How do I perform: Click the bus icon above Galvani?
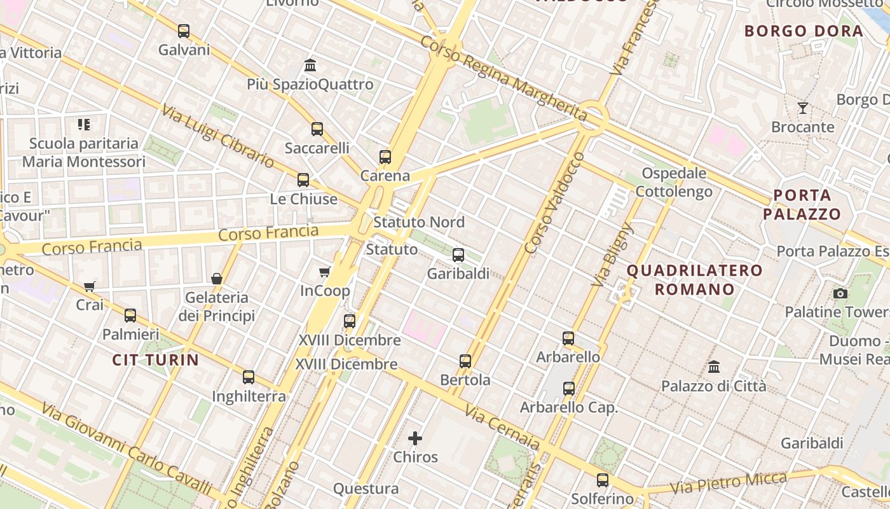(x=184, y=31)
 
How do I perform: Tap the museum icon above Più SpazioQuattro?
(x=310, y=65)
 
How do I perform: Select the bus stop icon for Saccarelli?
(x=317, y=129)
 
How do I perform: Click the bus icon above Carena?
(x=385, y=157)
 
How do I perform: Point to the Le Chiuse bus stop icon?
(x=303, y=180)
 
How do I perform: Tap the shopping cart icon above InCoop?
(x=325, y=272)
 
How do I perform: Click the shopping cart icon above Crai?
(x=90, y=286)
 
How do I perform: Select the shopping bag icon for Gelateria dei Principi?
(x=217, y=279)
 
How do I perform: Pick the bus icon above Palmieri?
(x=130, y=315)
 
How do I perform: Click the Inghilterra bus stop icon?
(x=249, y=377)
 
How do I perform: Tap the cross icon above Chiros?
(x=415, y=438)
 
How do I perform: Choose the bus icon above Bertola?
(x=465, y=361)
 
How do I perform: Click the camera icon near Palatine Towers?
(x=840, y=293)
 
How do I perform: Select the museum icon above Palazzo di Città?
(x=714, y=367)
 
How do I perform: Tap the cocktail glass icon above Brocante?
(x=803, y=108)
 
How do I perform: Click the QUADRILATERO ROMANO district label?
(x=695, y=280)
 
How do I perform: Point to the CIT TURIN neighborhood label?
(x=156, y=360)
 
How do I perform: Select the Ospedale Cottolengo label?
(x=674, y=182)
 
